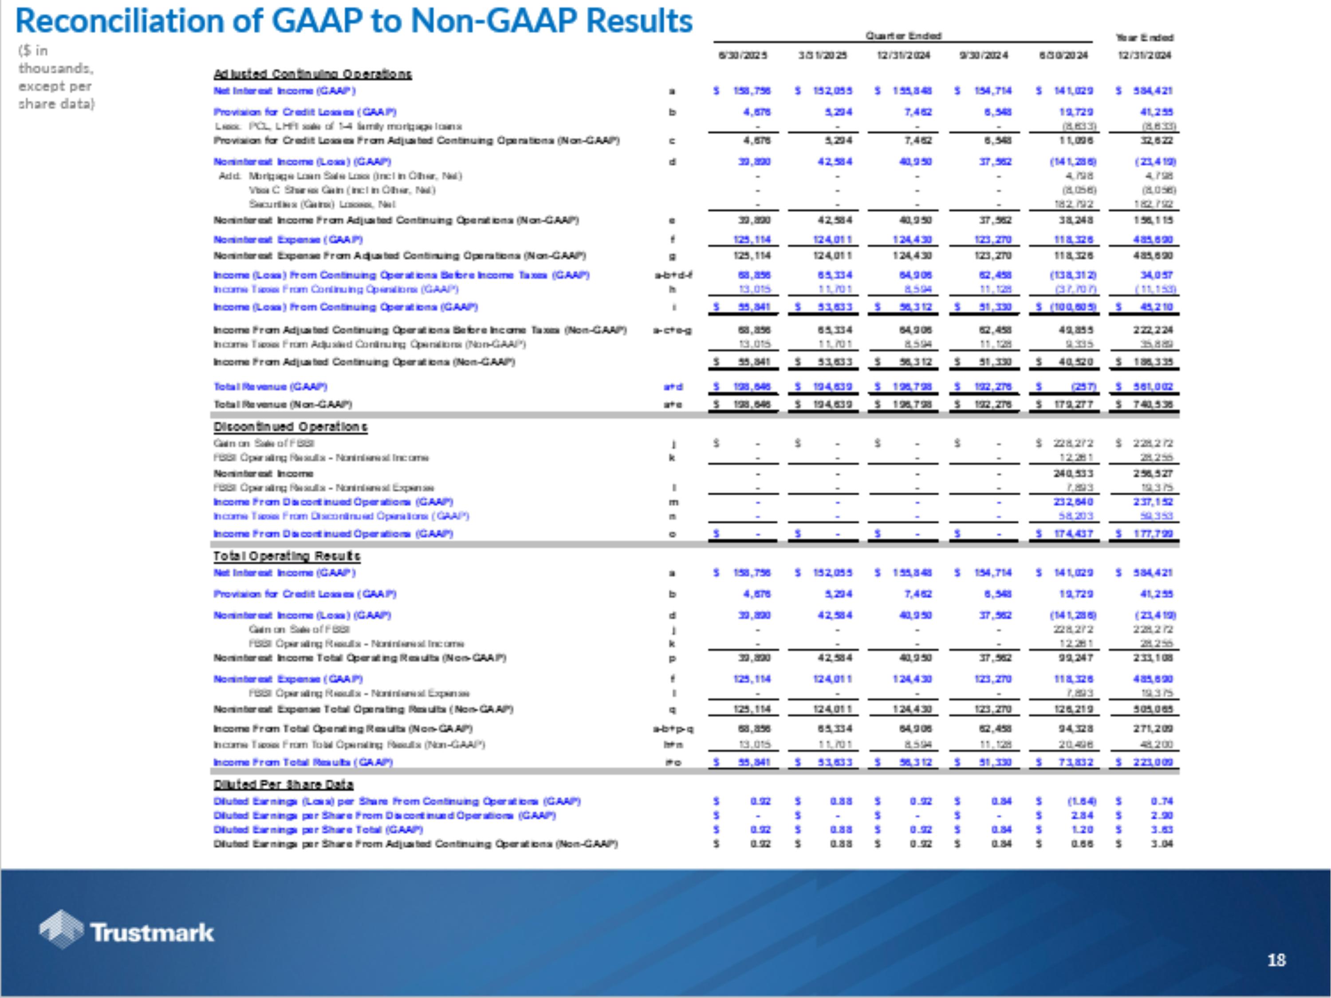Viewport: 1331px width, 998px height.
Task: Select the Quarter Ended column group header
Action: [902, 36]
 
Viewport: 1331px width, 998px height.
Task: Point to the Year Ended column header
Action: [1144, 37]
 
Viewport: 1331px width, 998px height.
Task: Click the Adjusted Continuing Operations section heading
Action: [312, 74]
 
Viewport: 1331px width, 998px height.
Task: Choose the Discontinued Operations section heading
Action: [290, 427]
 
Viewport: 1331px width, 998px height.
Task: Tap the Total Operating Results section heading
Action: [287, 556]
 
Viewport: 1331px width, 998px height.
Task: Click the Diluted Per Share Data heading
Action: [284, 785]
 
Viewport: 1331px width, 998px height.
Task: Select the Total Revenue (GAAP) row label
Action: [270, 387]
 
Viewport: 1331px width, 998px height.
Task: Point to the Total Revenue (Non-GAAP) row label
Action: [282, 404]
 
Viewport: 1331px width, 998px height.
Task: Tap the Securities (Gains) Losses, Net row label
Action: [322, 204]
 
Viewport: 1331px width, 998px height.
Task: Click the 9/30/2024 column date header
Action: [983, 55]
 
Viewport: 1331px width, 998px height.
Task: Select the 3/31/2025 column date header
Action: [823, 55]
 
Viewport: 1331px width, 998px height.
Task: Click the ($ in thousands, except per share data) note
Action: [56, 77]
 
